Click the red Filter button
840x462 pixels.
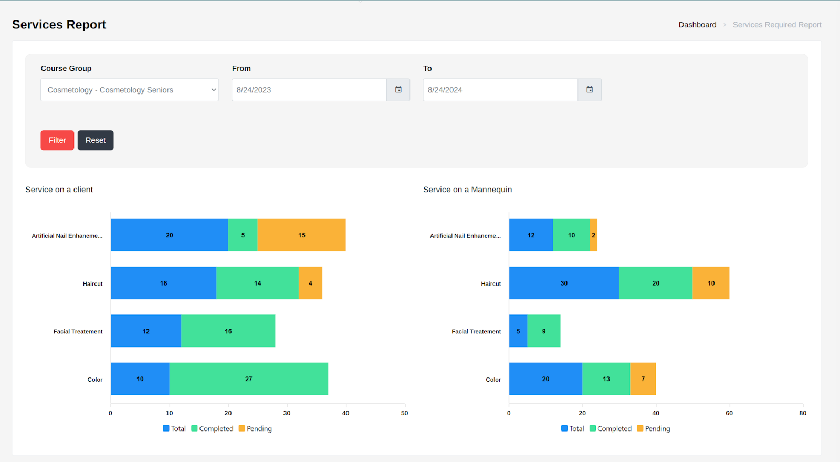pos(57,140)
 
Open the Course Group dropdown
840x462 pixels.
pos(129,90)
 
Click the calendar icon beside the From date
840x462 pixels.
pos(398,90)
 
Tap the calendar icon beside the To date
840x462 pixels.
pos(590,90)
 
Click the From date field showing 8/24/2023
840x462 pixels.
pos(309,90)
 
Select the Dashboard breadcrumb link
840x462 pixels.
pos(697,25)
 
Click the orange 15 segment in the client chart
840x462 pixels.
pos(301,235)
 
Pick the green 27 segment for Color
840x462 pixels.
pos(249,379)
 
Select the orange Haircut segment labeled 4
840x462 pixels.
pos(310,283)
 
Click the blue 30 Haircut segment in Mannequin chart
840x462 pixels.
pos(564,283)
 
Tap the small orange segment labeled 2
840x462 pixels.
pos(593,235)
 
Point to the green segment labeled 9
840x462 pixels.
pos(544,331)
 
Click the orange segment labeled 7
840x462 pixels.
pos(643,379)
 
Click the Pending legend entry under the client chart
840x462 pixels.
pos(255,428)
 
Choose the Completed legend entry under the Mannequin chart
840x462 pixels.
pos(611,428)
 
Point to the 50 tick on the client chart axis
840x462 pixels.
pos(405,413)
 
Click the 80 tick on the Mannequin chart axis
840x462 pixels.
pos(803,413)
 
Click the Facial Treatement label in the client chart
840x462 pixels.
pos(78,331)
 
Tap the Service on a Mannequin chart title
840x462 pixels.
pos(468,190)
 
